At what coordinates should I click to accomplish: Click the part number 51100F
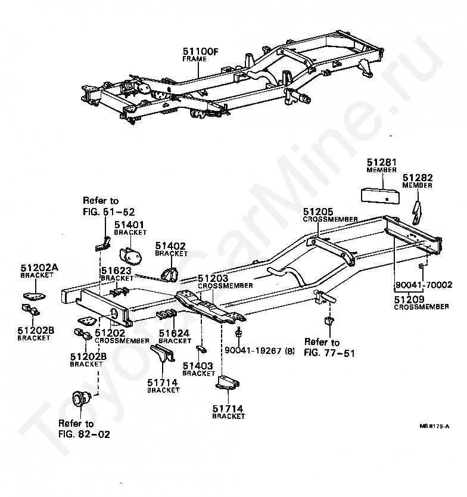(x=201, y=51)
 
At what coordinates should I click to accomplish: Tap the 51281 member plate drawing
(x=380, y=195)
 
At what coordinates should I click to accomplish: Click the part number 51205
(x=318, y=212)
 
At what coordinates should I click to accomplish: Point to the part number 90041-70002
(x=424, y=285)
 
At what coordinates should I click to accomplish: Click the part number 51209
(x=409, y=299)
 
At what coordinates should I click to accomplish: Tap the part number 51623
(x=116, y=271)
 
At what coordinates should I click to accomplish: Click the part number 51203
(x=213, y=278)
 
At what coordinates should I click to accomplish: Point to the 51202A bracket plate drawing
(x=34, y=296)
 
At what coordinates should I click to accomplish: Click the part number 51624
(x=174, y=333)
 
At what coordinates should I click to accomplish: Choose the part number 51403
(x=198, y=366)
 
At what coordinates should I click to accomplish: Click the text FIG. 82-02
(x=84, y=434)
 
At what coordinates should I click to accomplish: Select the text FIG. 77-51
(x=329, y=353)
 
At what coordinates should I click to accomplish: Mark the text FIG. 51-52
(x=108, y=212)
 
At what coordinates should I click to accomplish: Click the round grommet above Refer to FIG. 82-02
(x=81, y=399)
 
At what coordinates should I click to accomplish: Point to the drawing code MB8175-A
(x=434, y=426)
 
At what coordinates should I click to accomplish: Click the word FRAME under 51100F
(x=195, y=59)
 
